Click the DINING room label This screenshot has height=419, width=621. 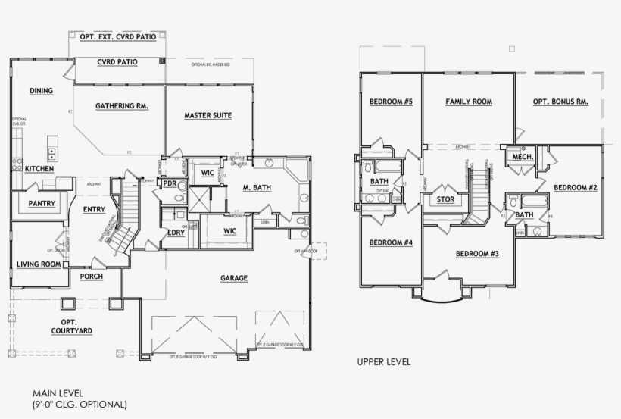point(41,92)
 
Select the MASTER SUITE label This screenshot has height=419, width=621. point(208,116)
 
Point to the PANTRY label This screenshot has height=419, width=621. point(41,204)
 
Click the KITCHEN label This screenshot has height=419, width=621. point(39,169)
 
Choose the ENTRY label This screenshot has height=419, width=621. point(94,210)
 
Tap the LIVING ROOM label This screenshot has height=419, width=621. point(39,264)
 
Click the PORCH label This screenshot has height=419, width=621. point(91,277)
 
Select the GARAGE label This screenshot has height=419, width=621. point(234,279)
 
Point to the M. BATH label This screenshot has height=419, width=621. point(257,187)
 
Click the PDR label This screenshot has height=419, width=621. point(170,184)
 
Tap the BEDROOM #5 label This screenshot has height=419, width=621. point(391,102)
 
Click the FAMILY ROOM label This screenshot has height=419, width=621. point(469,102)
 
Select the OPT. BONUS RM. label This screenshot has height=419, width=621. point(560,102)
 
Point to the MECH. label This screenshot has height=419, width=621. point(523,157)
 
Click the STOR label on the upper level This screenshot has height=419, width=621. point(445,201)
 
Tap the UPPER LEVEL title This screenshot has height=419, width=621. point(384,362)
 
